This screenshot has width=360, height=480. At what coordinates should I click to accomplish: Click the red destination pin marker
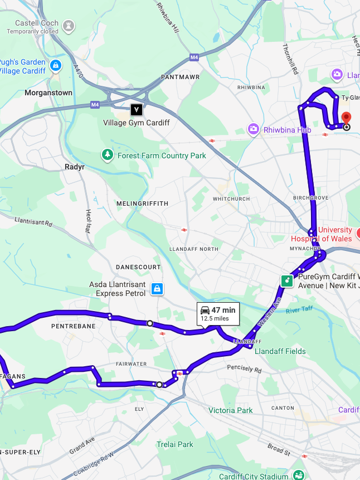coord(346,118)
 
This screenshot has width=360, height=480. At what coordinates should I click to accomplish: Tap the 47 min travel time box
coord(218,314)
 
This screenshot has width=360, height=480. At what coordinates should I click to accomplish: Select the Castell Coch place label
coord(32,23)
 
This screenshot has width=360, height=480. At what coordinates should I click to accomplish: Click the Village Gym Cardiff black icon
coord(137,109)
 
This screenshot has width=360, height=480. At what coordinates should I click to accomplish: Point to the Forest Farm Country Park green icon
coord(107,154)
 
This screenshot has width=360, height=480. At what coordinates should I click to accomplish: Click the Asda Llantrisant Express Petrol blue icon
coord(158,288)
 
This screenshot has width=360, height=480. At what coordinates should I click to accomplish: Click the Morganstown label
coord(48,93)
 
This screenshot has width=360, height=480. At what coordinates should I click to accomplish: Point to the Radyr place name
coord(74,167)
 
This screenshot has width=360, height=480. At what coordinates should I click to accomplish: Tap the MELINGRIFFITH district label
coord(142,203)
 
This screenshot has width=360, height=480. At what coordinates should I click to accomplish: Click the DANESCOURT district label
coord(138,267)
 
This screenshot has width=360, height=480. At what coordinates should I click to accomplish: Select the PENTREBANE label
coord(73,326)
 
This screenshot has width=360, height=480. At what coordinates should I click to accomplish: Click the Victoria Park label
coord(231,410)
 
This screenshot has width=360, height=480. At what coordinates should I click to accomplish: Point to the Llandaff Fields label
coord(280,351)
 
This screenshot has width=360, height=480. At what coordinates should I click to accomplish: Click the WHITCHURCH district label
coord(231,198)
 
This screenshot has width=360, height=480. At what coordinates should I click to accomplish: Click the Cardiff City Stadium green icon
coord(299,476)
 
